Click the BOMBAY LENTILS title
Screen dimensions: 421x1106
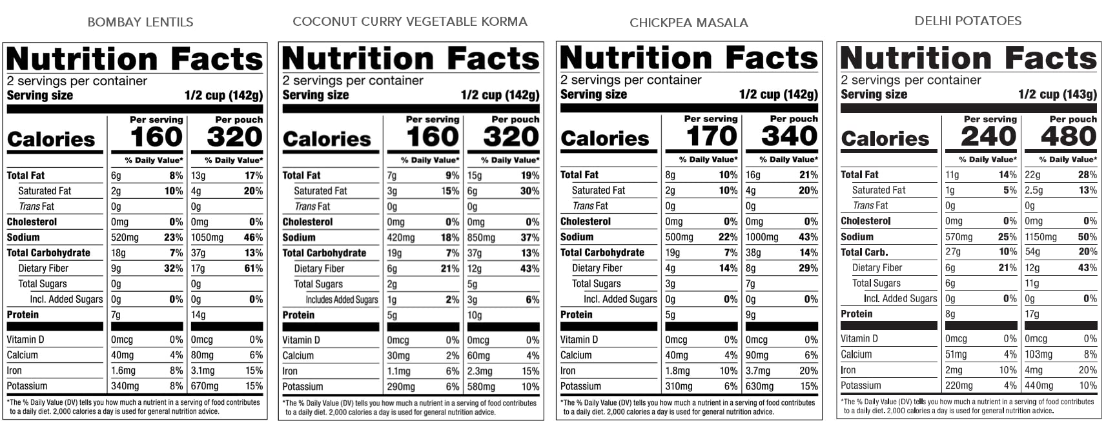[140, 22]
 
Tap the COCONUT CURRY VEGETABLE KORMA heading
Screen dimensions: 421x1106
[410, 21]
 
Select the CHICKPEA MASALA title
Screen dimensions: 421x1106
[688, 23]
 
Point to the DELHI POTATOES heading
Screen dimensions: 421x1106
[968, 21]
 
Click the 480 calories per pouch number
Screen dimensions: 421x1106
[1069, 136]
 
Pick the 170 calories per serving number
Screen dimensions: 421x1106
[711, 136]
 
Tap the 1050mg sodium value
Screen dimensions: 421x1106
[207, 237]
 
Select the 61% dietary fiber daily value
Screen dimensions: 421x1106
[253, 268]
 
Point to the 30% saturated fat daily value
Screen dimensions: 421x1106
[529, 190]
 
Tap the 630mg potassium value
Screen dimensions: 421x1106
[759, 386]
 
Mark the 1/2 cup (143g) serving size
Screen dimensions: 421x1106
[1057, 94]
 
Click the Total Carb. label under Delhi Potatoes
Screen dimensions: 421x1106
[864, 252]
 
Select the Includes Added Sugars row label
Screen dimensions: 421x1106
[342, 300]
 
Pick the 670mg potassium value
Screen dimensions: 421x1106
[205, 385]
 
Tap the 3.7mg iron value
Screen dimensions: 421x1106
[758, 371]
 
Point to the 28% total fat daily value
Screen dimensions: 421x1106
[1087, 174]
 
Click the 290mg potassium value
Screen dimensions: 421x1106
[401, 386]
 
